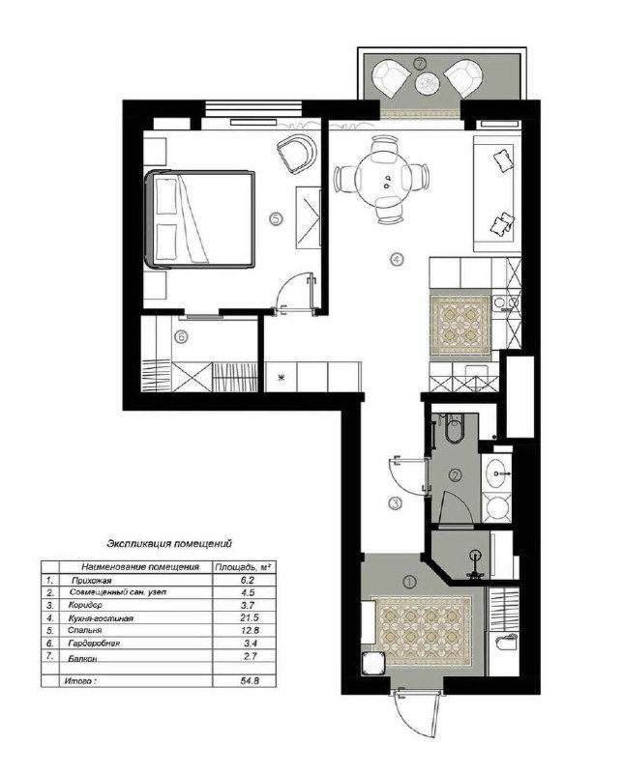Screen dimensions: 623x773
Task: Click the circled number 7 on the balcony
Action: click(420, 64)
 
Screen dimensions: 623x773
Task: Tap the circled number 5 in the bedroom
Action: click(276, 218)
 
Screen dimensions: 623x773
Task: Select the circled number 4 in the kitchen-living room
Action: click(397, 258)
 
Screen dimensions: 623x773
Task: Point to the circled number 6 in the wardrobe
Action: click(181, 337)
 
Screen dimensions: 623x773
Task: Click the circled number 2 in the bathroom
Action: click(455, 475)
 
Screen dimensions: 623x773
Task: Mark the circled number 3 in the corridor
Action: click(396, 503)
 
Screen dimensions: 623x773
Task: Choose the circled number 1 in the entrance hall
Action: click(409, 583)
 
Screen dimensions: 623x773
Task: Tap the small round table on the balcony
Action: click(426, 82)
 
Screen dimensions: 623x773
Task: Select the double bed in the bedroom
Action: click(200, 219)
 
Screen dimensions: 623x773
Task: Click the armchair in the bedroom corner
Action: click(296, 154)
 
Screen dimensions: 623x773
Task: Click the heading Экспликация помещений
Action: click(169, 544)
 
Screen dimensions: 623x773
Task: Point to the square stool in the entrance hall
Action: click(374, 663)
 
